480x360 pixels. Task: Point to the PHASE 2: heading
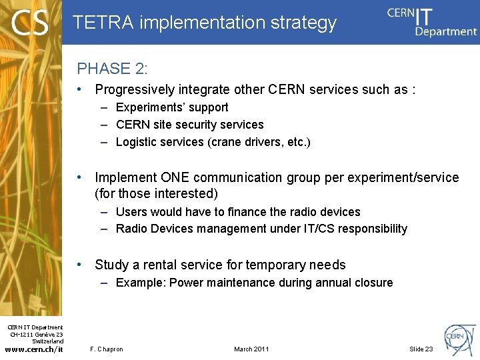point(113,69)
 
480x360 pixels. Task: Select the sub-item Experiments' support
point(172,107)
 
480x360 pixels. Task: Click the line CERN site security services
point(189,125)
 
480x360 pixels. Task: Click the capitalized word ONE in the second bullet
point(175,177)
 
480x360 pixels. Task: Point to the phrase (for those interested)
point(156,194)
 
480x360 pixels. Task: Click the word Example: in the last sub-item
point(141,283)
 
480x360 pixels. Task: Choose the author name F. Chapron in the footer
point(107,349)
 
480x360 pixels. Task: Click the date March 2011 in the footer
point(251,349)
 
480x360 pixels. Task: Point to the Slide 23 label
point(421,349)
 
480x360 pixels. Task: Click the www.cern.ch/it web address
point(33,349)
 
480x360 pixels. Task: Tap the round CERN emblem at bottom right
point(460,337)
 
